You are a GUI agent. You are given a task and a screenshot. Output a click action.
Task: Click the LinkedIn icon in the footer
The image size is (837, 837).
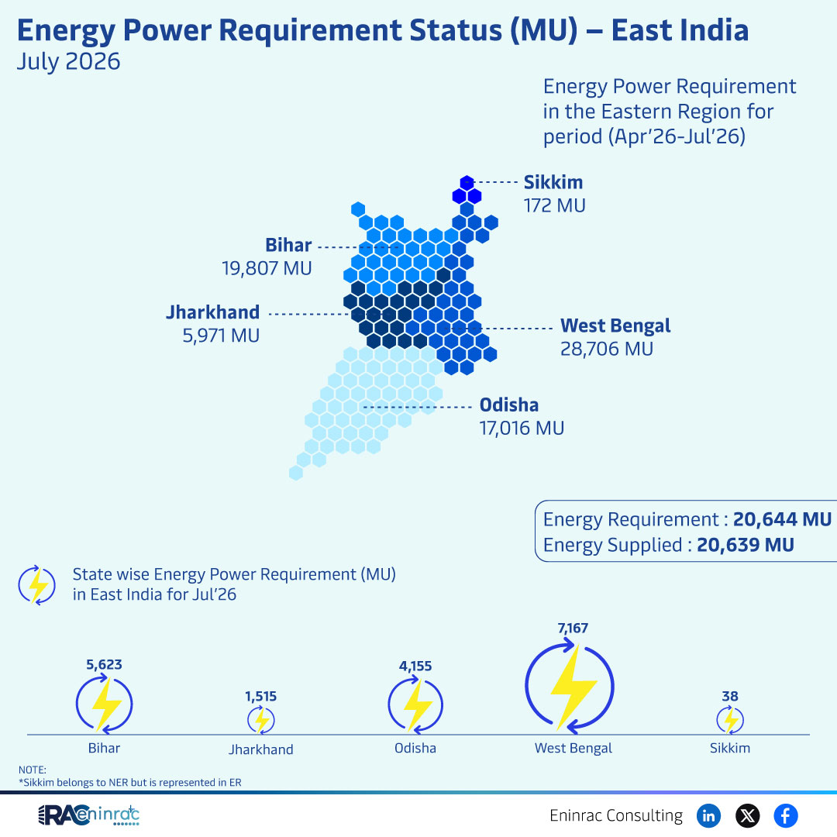click(x=708, y=815)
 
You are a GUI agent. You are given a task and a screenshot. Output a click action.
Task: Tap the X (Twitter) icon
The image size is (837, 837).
click(x=747, y=815)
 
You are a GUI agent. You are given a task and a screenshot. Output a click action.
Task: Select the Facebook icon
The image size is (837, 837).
click(x=786, y=815)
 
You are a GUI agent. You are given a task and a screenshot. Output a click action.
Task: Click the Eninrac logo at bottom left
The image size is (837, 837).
click(x=88, y=815)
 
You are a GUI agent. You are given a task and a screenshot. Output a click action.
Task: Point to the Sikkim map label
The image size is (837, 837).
click(x=553, y=182)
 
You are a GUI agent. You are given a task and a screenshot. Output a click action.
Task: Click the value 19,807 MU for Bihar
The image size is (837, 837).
click(x=267, y=268)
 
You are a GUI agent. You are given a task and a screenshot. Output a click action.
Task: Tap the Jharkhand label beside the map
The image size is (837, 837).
click(x=212, y=312)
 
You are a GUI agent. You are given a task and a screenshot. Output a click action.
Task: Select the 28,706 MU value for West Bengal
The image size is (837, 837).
click(x=606, y=349)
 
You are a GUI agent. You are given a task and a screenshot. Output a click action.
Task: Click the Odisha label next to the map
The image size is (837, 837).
click(x=508, y=405)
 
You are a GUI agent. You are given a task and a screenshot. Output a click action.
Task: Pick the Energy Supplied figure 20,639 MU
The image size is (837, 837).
click(x=746, y=545)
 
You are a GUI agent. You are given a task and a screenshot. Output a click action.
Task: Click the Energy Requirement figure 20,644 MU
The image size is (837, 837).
click(x=782, y=518)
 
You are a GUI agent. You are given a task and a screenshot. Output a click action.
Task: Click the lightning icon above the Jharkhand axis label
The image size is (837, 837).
click(x=261, y=720)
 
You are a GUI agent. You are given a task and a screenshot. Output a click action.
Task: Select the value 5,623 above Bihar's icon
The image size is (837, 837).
click(x=104, y=665)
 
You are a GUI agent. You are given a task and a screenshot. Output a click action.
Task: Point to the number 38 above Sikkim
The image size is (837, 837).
click(x=730, y=696)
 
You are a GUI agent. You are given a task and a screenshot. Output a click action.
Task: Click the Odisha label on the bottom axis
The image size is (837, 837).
click(x=415, y=748)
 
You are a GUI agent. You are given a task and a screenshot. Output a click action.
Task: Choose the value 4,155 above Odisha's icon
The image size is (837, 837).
click(x=415, y=666)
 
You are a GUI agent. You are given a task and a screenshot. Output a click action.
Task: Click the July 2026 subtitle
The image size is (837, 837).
click(x=68, y=61)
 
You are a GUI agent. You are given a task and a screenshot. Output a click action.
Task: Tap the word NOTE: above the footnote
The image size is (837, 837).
click(x=32, y=770)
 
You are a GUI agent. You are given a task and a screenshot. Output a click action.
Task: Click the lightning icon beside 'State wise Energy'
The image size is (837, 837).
click(x=37, y=585)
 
